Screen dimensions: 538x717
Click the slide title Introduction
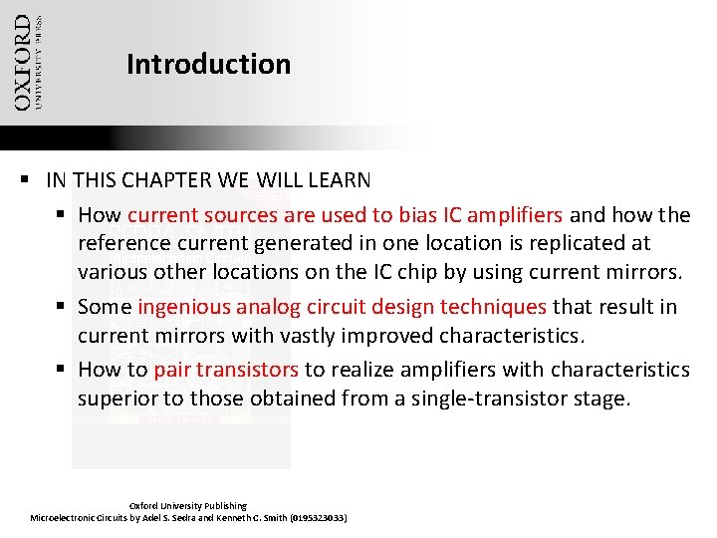click(208, 65)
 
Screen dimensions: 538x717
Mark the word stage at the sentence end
click(601, 399)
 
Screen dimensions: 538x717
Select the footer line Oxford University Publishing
click(188, 506)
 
